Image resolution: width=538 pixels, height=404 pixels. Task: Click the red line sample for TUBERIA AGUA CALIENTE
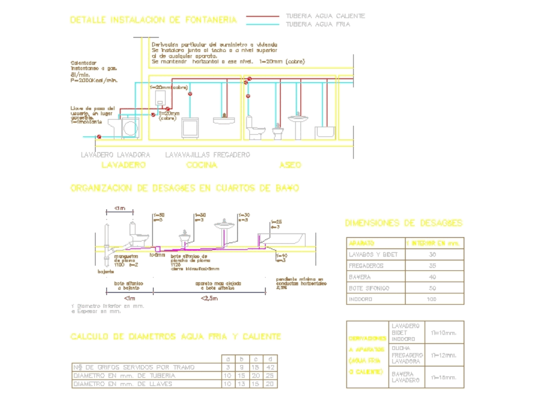click(x=263, y=16)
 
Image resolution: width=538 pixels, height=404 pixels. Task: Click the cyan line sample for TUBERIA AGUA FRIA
click(x=263, y=24)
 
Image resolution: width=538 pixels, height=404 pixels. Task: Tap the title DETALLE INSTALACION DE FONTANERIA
click(x=153, y=20)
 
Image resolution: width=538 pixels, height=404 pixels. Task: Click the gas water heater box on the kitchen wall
click(x=159, y=96)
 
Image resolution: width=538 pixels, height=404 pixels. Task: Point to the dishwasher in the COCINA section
click(x=190, y=128)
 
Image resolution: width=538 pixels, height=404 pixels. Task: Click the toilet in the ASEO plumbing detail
click(x=255, y=127)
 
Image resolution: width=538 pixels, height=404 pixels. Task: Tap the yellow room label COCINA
click(x=201, y=165)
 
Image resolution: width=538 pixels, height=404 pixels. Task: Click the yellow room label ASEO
click(x=290, y=165)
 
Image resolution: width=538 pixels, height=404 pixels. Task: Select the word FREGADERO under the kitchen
click(x=231, y=155)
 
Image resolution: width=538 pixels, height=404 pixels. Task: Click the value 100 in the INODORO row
click(x=431, y=299)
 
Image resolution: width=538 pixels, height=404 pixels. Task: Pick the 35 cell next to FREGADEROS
click(x=432, y=266)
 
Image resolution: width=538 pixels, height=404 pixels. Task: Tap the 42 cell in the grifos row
click(x=271, y=367)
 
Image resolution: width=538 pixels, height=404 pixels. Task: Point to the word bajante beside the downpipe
click(x=105, y=272)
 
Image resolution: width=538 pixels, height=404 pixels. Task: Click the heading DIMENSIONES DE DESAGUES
click(x=403, y=223)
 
